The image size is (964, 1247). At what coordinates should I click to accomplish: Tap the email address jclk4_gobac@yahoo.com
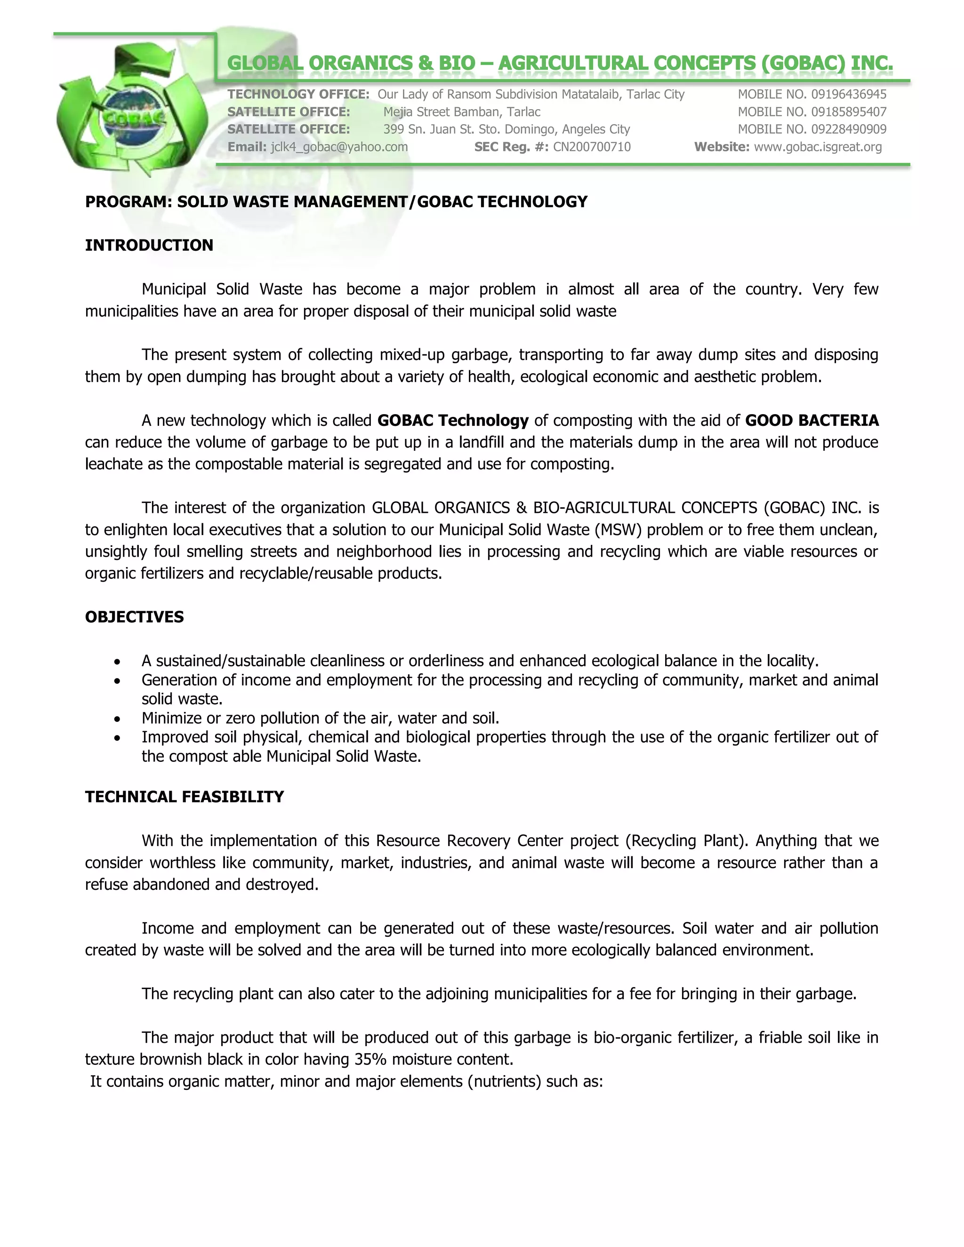click(x=339, y=147)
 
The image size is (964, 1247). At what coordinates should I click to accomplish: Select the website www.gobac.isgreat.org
click(x=817, y=147)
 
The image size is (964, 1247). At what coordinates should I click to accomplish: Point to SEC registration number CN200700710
click(x=592, y=147)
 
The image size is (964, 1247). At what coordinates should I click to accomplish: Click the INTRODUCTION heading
click(x=149, y=245)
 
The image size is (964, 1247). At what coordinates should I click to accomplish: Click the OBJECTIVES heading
click(x=134, y=616)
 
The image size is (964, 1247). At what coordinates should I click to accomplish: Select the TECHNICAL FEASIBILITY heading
click(x=185, y=797)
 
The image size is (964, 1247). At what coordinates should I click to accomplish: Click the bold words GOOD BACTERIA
click(x=811, y=420)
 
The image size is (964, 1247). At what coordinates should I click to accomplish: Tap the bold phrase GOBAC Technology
click(x=453, y=420)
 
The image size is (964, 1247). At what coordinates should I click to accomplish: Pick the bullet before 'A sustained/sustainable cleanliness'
click(x=117, y=662)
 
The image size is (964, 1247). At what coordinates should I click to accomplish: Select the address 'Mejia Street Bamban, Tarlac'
click(x=461, y=112)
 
